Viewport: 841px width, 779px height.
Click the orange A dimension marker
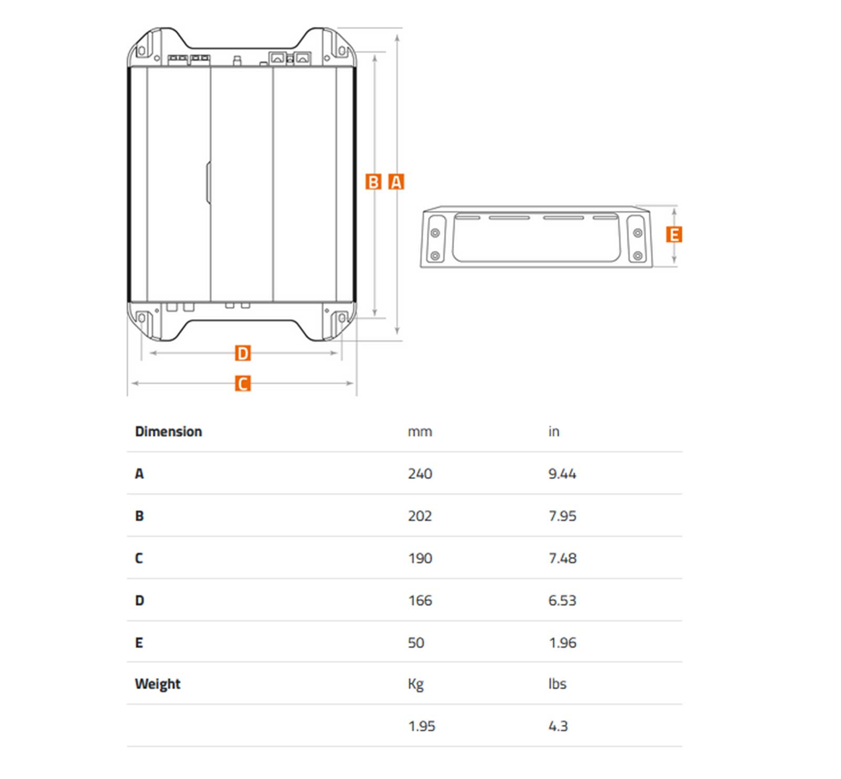point(396,182)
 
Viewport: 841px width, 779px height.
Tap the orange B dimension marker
point(373,182)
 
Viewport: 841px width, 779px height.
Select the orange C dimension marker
point(242,383)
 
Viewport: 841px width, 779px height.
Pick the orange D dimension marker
point(242,353)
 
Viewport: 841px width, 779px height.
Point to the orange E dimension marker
point(674,234)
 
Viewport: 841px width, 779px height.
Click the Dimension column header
point(168,431)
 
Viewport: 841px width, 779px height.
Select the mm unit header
point(420,432)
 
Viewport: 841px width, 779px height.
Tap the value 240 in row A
point(420,474)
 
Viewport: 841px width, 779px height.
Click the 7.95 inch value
point(562,516)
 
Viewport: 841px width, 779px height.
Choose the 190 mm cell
point(420,558)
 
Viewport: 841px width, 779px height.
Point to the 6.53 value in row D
point(562,600)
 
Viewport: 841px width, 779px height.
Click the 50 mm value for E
point(416,642)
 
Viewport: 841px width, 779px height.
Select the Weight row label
point(157,684)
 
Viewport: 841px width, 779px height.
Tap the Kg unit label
point(416,684)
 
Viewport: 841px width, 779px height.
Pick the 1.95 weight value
point(422,726)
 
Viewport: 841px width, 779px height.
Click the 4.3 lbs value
point(558,726)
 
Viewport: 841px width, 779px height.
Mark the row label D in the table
point(139,600)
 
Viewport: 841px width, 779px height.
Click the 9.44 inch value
point(562,474)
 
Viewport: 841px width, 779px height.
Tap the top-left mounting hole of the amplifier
point(141,51)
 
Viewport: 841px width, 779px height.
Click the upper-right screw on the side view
point(638,233)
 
